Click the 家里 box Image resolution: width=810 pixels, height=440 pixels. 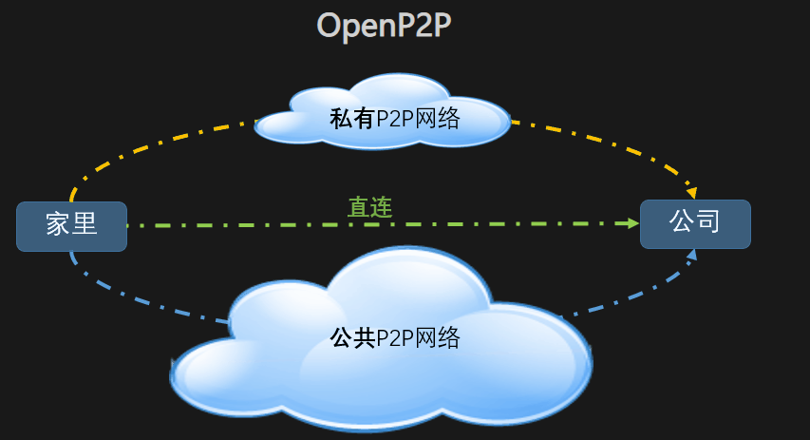71,225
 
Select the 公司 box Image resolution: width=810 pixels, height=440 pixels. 695,223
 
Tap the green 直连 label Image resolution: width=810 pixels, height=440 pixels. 369,207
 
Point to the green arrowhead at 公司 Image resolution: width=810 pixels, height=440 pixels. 632,223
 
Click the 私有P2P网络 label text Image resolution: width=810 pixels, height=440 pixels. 394,119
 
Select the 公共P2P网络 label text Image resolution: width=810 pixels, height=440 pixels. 394,337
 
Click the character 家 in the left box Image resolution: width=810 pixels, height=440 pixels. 59,225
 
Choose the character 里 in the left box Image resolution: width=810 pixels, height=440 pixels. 85,225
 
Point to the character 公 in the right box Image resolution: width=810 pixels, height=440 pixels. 682,222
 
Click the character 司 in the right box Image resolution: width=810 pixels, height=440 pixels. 707,222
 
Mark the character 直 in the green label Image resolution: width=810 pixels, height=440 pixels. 358,207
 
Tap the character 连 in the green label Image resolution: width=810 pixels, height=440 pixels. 381,207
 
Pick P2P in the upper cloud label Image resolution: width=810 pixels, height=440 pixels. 395,119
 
